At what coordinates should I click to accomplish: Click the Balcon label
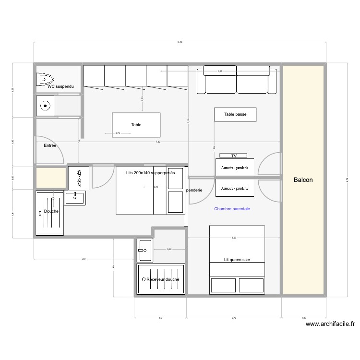[303, 180]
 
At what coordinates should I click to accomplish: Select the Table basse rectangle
[235, 114]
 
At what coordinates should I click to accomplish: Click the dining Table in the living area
[136, 124]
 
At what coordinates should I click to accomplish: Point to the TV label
[234, 156]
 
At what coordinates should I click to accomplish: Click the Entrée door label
[50, 145]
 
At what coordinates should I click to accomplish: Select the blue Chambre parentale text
[232, 209]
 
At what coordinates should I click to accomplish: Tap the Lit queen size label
[237, 259]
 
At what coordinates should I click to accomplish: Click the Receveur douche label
[161, 279]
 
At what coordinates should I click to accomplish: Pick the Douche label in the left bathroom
[51, 211]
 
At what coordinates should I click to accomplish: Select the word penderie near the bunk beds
[194, 190]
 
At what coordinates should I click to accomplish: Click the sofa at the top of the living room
[236, 81]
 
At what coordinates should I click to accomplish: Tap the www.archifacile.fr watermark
[330, 324]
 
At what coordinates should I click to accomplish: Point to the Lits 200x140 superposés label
[150, 172]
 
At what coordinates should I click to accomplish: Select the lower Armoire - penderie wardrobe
[235, 188]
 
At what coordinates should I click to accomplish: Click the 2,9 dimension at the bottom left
[84, 259]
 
